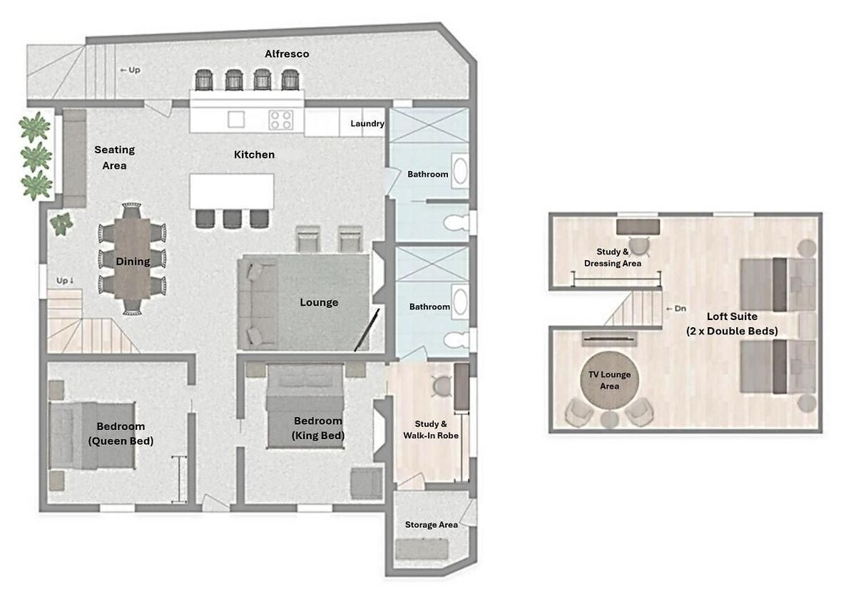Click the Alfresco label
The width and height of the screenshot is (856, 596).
point(287,54)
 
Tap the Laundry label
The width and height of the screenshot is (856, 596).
point(367,124)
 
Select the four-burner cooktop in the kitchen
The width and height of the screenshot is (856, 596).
point(281,120)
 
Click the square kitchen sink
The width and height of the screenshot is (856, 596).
point(236,120)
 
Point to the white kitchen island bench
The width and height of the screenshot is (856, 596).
point(232,191)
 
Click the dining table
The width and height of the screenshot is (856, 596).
point(132,259)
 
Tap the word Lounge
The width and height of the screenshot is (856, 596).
point(319,302)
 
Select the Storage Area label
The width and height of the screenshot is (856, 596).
point(432,525)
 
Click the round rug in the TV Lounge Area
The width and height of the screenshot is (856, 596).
point(609,380)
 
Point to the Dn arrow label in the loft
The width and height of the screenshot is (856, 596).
point(676,309)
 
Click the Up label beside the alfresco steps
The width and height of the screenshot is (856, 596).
point(131,70)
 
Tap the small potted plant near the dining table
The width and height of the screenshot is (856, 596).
point(61,224)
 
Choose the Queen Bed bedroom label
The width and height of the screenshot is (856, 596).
point(121,433)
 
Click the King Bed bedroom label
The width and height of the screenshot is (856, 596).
point(318,428)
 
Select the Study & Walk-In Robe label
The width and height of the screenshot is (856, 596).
point(431,429)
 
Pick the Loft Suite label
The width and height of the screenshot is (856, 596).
point(732,324)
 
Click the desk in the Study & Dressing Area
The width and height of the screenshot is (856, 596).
point(638,227)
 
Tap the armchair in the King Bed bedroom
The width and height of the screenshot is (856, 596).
point(367,483)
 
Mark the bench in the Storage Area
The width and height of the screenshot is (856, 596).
point(422,549)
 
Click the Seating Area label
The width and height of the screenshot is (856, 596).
point(114,158)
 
